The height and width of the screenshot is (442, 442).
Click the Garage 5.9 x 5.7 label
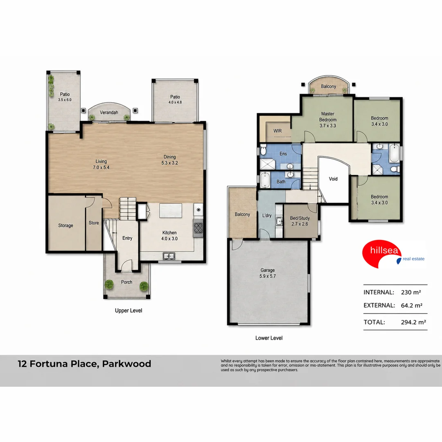tap(268, 273)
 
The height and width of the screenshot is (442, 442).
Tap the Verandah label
tap(109, 113)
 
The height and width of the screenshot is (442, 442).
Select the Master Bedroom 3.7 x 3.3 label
tap(328, 120)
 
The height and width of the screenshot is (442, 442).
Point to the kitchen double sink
tap(169, 256)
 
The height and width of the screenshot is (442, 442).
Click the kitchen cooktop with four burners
tap(198, 228)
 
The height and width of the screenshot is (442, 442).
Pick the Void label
tap(333, 179)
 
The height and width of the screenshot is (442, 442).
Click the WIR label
tap(277, 131)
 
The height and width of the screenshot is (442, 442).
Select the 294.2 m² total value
tap(413, 322)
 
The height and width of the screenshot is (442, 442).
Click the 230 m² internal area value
tap(411, 292)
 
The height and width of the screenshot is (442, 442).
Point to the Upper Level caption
tap(129, 311)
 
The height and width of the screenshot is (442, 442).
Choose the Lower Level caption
tap(269, 338)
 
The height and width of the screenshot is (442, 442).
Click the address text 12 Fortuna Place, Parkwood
tap(85, 364)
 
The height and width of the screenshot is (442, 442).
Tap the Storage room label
tap(65, 226)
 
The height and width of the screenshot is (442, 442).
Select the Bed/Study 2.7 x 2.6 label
tap(300, 221)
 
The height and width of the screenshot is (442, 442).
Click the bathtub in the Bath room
tap(265, 180)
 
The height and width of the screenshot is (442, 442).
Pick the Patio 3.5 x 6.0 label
tap(65, 97)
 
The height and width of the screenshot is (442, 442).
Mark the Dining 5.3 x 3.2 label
tap(169, 160)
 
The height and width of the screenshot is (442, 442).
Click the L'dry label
tap(267, 216)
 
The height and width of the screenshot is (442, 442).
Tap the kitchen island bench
tap(171, 211)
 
